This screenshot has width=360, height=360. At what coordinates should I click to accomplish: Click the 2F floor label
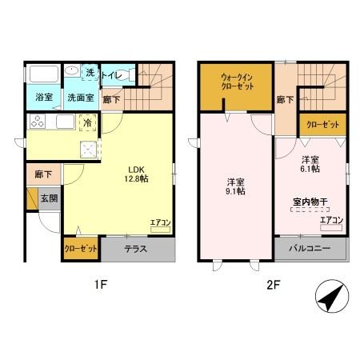(x=272, y=283)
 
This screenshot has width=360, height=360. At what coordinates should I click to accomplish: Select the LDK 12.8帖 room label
(x=135, y=174)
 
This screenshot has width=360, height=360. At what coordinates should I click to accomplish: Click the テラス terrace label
(x=135, y=249)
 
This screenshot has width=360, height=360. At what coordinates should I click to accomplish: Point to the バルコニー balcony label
(x=311, y=249)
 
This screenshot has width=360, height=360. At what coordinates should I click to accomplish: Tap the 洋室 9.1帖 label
(x=235, y=186)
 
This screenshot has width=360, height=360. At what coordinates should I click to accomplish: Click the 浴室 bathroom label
(x=43, y=98)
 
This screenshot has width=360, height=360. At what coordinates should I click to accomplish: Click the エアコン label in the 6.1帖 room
(x=331, y=220)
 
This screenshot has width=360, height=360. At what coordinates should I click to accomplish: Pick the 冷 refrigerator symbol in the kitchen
(x=87, y=122)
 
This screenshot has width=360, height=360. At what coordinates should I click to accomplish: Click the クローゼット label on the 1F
(x=81, y=249)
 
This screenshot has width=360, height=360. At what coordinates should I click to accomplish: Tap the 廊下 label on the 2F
(x=284, y=100)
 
